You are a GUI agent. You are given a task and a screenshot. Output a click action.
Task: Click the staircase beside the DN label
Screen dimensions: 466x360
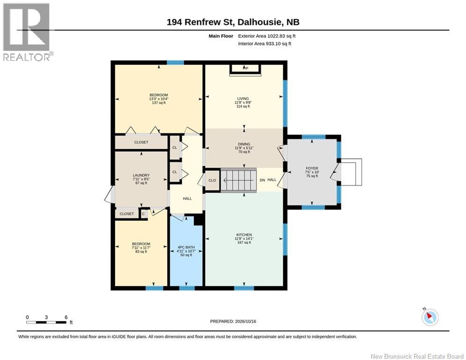click(239, 180)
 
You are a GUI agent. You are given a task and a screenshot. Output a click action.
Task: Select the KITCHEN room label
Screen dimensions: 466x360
click(244, 235)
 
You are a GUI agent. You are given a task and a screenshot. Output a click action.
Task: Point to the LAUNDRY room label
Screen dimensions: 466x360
click(141, 175)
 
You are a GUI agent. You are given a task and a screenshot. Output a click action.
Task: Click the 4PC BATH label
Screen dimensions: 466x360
click(186, 247)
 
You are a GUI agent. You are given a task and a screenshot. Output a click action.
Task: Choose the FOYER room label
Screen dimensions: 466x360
click(312, 168)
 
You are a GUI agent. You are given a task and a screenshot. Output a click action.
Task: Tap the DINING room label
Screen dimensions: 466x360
click(244, 144)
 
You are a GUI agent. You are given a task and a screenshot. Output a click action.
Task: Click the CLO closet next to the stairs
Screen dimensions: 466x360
click(212, 180)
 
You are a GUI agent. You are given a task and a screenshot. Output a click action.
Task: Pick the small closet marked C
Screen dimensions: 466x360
click(143, 214)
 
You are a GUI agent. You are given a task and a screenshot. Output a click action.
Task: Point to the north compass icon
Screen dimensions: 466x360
click(430, 317)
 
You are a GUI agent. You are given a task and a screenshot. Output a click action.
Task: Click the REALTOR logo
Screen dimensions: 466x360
click(27, 32)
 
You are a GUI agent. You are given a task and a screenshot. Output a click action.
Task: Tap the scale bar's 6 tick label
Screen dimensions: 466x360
click(66, 317)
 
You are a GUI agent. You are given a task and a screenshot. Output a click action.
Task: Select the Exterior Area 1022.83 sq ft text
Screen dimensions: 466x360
click(266, 36)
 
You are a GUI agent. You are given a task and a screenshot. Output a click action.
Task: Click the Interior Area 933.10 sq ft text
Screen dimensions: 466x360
click(265, 44)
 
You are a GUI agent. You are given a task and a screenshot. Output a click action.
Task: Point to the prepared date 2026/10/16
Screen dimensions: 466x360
click(245, 321)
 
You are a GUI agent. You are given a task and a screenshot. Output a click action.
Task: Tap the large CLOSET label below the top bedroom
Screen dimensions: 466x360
click(141, 142)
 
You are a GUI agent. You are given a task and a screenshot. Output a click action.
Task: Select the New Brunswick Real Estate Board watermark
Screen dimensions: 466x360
click(417, 356)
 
